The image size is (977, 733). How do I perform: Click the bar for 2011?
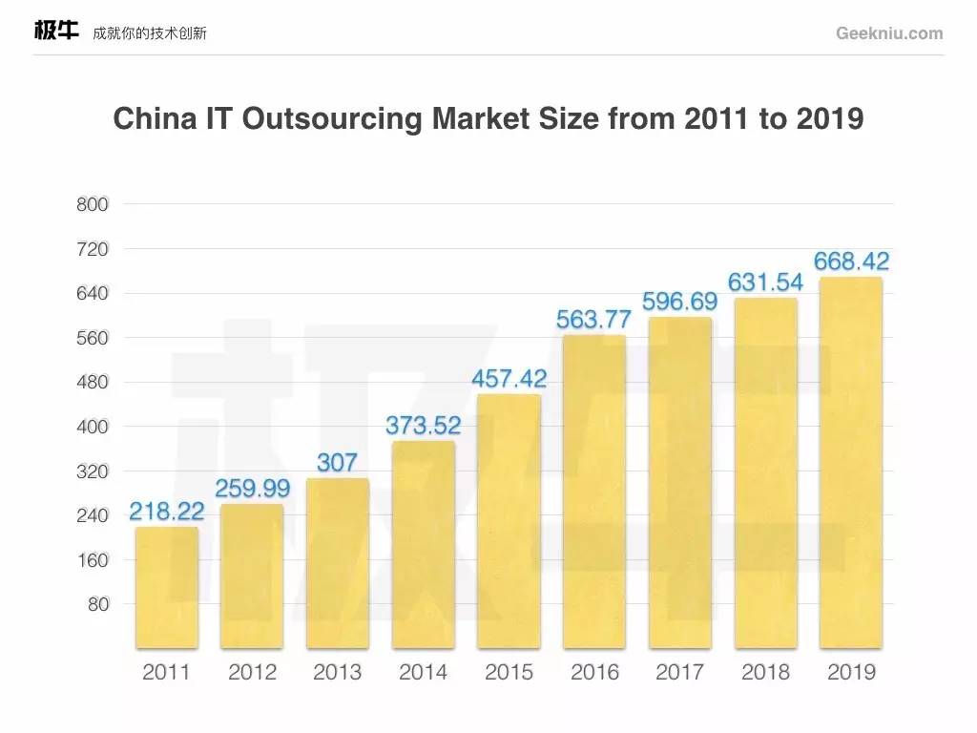tap(167, 587)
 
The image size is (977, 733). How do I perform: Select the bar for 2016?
tap(594, 492)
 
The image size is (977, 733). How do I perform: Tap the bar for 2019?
tap(851, 463)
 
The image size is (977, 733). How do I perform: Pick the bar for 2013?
tap(338, 563)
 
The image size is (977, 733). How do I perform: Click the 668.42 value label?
tap(851, 261)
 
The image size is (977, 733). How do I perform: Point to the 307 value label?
tap(338, 463)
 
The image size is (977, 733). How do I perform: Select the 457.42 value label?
tap(509, 379)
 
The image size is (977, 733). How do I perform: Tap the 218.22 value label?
tap(167, 512)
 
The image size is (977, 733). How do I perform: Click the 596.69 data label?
tap(680, 302)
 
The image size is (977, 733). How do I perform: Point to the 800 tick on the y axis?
tap(93, 204)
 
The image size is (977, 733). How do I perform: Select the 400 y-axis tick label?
tap(93, 427)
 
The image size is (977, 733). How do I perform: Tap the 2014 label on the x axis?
tap(424, 672)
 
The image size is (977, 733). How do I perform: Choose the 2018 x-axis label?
tap(766, 672)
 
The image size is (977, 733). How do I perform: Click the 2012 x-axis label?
tap(252, 672)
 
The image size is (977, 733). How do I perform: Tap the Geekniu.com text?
tap(889, 33)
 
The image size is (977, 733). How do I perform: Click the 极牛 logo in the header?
tap(56, 31)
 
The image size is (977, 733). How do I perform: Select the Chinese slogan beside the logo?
tap(150, 33)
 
